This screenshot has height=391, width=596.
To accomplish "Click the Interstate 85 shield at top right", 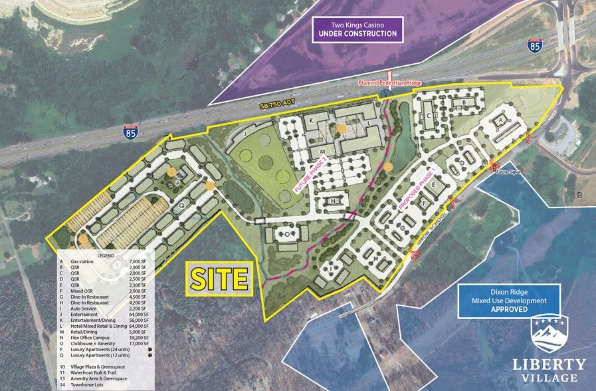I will [x=536, y=45].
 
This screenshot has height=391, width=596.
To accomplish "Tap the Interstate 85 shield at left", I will [x=132, y=132].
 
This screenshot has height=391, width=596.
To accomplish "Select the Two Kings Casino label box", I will [x=357, y=29].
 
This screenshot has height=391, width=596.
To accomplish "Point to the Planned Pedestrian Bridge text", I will [x=389, y=82].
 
